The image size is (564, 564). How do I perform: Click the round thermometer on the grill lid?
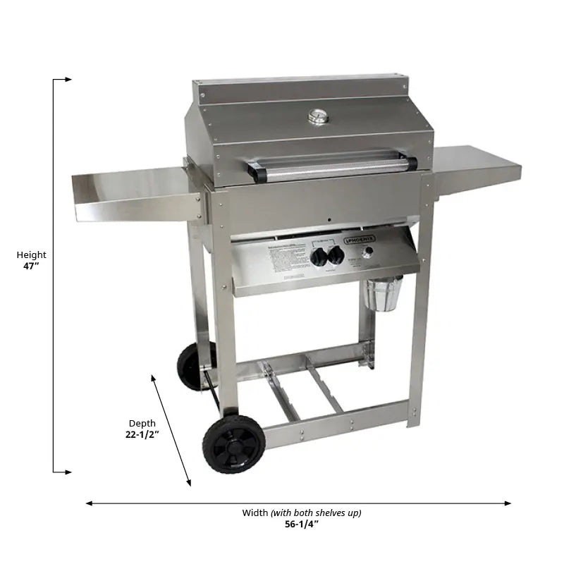click(x=319, y=116)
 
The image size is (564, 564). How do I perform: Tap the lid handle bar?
click(x=331, y=166)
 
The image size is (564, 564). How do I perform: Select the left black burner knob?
click(x=319, y=257)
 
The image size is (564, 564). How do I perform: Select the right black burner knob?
click(x=336, y=255)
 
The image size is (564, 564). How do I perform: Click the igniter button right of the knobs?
click(x=367, y=252)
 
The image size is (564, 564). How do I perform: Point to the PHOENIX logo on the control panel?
click(x=360, y=240)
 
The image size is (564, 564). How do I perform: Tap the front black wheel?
click(x=233, y=443)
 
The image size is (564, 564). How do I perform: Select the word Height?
click(x=32, y=255)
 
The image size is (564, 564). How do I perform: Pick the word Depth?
click(x=142, y=424)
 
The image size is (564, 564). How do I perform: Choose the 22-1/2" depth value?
click(x=142, y=435)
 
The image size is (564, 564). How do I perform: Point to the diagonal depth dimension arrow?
click(x=171, y=430)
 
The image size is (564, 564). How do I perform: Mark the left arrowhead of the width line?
click(x=90, y=503)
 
